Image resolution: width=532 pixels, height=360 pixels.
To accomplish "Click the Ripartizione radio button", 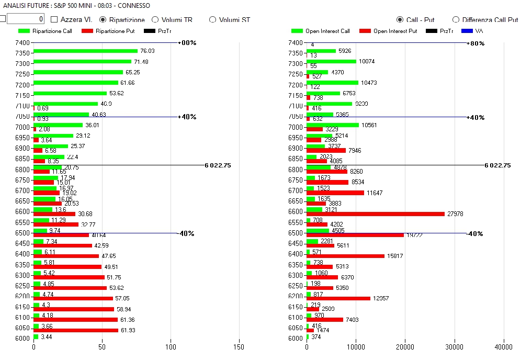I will pyautogui.click(x=103, y=20).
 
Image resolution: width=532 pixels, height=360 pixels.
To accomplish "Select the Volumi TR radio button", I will pyautogui.click(x=155, y=20).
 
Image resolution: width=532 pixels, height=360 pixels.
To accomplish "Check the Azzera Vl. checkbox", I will pyautogui.click(x=54, y=20).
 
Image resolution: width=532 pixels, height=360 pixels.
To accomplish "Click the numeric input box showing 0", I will pyautogui.click(x=26, y=19).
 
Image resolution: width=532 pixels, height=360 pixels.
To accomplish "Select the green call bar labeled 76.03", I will pyautogui.click(x=86, y=51).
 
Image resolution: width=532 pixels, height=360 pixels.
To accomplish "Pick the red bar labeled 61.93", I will pyautogui.click(x=76, y=330).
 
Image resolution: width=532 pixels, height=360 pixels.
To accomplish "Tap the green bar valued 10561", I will pyautogui.click(x=333, y=125).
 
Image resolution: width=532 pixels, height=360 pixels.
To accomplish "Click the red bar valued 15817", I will pyautogui.click(x=345, y=256).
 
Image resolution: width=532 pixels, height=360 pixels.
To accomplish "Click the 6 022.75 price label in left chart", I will pyautogui.click(x=218, y=165).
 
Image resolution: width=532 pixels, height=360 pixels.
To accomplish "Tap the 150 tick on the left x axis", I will pyautogui.click(x=239, y=347).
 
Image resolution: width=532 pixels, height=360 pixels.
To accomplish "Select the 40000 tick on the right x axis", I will pyautogui.click(x=504, y=347).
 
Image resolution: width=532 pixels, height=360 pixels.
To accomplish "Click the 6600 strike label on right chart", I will pyautogui.click(x=296, y=211).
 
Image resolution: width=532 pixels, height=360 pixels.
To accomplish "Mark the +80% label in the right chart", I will pyautogui.click(x=477, y=43).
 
